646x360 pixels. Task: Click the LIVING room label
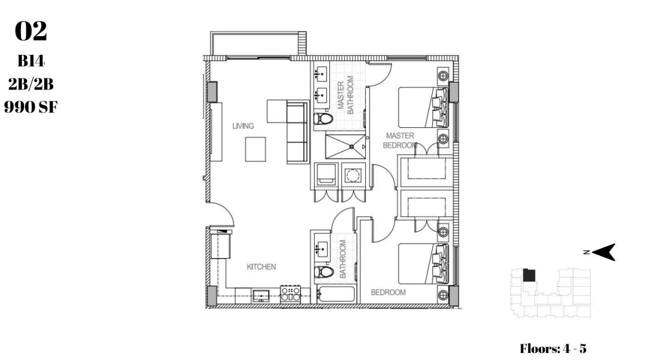tap(243, 126)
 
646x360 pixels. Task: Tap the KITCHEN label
tap(261, 267)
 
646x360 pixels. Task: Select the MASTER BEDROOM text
tap(400, 141)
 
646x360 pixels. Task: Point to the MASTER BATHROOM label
tap(346, 95)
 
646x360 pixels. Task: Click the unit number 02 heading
tap(31, 31)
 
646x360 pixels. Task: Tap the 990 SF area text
tap(31, 107)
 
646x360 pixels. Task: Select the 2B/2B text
tap(31, 84)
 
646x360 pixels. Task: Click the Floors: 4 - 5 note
tap(553, 349)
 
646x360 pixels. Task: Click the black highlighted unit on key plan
tap(529, 275)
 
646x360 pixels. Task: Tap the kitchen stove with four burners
tap(290, 294)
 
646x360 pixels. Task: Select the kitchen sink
tap(261, 296)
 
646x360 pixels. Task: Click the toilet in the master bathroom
tap(323, 119)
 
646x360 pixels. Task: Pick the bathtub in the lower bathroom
tap(335, 295)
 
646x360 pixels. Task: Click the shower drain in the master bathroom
tap(351, 146)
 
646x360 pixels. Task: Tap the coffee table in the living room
tap(255, 149)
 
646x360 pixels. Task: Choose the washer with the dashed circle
tap(353, 176)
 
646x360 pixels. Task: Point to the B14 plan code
tap(31, 61)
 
